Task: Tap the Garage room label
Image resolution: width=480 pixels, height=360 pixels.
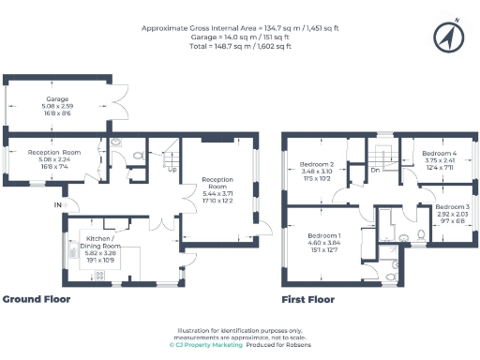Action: [58, 97]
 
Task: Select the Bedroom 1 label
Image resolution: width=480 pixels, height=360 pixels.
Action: [326, 235]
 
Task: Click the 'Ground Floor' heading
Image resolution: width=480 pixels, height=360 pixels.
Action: [36, 300]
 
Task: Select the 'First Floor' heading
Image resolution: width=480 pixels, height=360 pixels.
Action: [308, 300]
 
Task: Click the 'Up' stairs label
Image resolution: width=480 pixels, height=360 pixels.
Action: [172, 170]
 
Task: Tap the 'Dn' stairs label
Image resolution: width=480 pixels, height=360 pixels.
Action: [374, 170]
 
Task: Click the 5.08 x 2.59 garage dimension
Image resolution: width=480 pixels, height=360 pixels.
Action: [58, 105]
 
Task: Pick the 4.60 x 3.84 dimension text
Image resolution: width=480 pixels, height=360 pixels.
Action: [326, 243]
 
